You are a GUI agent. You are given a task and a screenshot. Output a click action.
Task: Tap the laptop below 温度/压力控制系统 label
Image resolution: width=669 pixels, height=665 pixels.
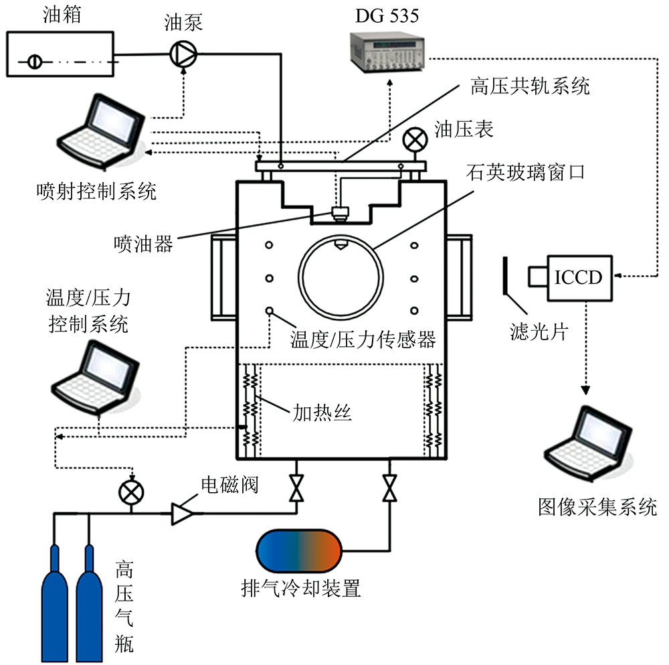pos(98,378)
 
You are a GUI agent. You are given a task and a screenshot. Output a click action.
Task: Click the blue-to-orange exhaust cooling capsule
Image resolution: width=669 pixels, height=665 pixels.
pos(299,550)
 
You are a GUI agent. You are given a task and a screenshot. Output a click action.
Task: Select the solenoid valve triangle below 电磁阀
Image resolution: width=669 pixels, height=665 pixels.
pos(181,513)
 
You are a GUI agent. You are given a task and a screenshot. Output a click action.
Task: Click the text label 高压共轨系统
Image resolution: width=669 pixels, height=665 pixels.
pos(528,86)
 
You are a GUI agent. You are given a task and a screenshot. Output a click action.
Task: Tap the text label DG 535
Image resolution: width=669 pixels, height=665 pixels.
pos(387,15)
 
